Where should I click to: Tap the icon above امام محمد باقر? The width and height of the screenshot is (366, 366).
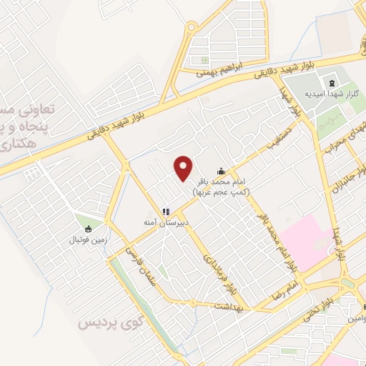[222, 170]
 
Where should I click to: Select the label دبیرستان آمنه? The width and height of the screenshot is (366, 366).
[167, 223]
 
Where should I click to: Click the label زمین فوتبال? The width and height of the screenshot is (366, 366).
[87, 241]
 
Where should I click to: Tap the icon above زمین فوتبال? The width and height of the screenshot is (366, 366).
[87, 229]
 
